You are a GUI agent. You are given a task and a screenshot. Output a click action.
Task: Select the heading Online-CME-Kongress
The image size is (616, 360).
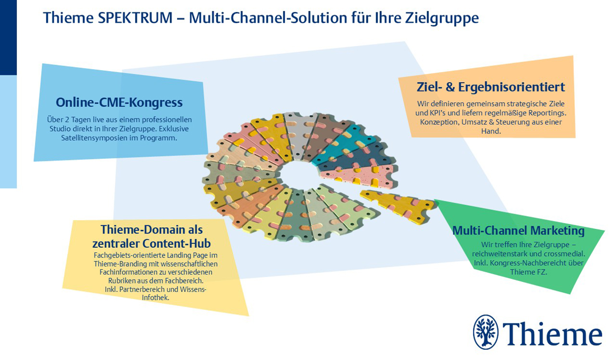[119, 103]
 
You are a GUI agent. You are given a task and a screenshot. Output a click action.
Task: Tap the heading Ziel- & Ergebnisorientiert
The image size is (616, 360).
[491, 87]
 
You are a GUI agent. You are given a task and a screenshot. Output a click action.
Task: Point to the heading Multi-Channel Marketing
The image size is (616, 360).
[518, 231]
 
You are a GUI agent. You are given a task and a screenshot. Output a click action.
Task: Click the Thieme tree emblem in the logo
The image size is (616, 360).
[485, 332]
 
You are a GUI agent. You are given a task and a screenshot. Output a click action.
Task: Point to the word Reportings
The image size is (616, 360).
[548, 113]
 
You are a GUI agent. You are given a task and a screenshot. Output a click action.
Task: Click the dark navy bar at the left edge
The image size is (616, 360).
[8, 37]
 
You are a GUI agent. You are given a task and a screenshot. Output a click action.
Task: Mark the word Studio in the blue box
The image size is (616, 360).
[60, 129]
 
